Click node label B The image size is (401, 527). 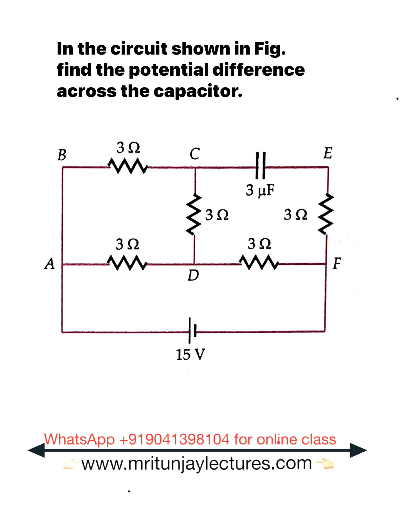pos(62,155)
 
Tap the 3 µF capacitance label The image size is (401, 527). pos(260,190)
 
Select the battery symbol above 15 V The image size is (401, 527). pos(193,330)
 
